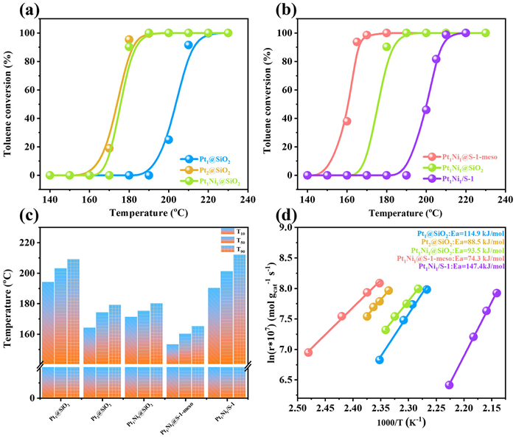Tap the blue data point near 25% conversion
(x=168, y=139)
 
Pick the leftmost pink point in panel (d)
(x=308, y=352)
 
